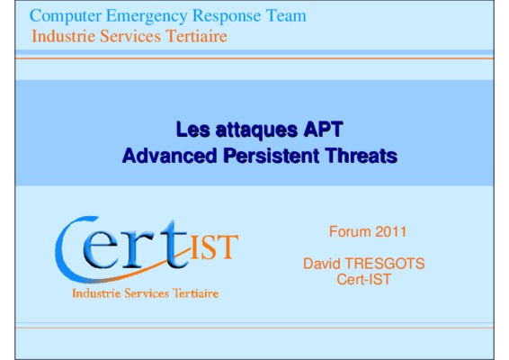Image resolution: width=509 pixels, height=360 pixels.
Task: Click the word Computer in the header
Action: (x=66, y=16)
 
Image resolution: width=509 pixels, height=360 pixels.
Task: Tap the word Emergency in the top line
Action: (x=147, y=16)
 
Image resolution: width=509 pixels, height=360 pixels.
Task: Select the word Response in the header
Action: (x=227, y=16)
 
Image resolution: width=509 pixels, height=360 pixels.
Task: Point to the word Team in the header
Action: (x=286, y=15)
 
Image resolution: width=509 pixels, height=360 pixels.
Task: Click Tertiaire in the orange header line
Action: (x=197, y=36)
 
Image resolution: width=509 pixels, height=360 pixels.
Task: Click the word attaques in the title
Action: (x=256, y=130)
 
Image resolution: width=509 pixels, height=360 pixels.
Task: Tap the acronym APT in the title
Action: (x=323, y=129)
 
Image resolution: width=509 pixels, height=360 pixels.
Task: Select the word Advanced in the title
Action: (x=169, y=156)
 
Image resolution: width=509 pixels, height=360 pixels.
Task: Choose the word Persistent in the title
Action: (x=272, y=156)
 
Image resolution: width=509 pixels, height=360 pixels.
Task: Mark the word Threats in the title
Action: (x=362, y=156)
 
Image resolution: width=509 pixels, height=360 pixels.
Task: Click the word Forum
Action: (x=350, y=231)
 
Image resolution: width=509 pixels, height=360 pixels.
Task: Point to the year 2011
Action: (x=391, y=232)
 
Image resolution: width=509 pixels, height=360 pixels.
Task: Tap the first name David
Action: (x=322, y=264)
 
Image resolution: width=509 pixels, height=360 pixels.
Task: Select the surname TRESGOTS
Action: (x=385, y=264)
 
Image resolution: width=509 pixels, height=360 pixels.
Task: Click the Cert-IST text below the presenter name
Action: (x=364, y=279)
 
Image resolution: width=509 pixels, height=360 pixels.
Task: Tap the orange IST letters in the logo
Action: (x=214, y=247)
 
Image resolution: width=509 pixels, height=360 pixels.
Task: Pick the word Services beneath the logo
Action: (x=147, y=293)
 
